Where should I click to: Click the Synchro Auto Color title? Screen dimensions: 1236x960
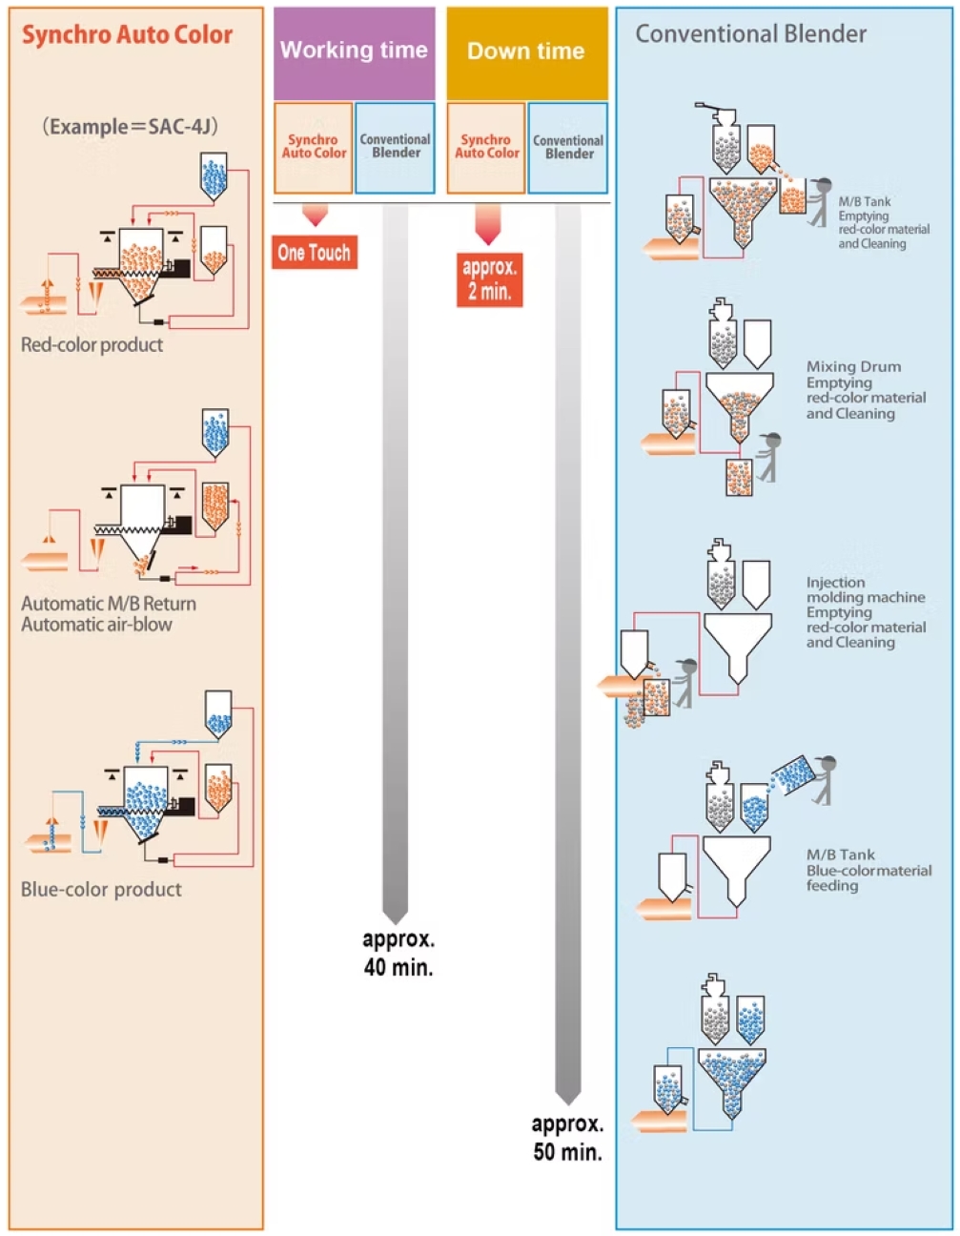[127, 35]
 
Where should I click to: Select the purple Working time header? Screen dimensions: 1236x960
[354, 51]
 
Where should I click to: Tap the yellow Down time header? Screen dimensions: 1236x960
[526, 51]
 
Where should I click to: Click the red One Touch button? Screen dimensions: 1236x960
[314, 253]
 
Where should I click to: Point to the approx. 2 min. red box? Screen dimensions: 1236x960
[490, 279]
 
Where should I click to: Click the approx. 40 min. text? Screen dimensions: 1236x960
[398, 953]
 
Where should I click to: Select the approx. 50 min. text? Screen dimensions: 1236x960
[567, 1138]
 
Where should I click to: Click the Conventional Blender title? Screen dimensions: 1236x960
[750, 34]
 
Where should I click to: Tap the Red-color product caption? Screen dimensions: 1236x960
[92, 345]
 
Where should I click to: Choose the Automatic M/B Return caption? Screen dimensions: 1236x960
[109, 604]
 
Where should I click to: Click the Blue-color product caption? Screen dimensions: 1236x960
[101, 890]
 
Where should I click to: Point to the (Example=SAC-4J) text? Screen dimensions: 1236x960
[130, 127]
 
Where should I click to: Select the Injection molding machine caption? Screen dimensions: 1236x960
[865, 612]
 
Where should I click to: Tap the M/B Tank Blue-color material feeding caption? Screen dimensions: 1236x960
[868, 870]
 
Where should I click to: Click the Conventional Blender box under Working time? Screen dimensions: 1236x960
[395, 147]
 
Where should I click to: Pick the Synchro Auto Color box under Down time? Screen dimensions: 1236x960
[486, 147]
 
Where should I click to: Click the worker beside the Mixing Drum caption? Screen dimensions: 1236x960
[769, 456]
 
